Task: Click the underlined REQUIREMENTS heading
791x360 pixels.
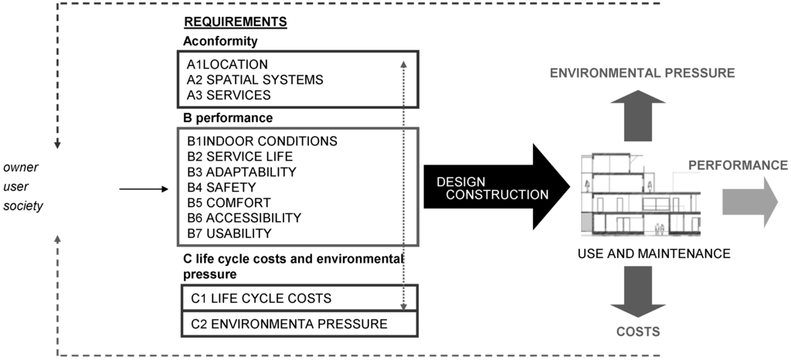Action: coord(235,22)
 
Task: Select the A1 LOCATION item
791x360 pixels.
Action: coord(227,64)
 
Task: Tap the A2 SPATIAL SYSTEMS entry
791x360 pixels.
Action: coord(255,80)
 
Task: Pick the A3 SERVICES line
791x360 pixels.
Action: coord(229,95)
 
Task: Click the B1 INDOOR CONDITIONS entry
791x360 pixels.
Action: coord(262,141)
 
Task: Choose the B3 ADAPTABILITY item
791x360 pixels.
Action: coord(242,172)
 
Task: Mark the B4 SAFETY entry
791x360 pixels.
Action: coord(221,187)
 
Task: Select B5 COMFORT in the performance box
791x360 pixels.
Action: coord(228,202)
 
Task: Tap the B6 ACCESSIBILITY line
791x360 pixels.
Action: coord(244,218)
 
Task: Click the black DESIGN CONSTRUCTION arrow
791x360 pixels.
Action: coord(494,188)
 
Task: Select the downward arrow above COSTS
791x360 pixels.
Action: coord(637,290)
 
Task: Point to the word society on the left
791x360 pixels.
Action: coord(22,205)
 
